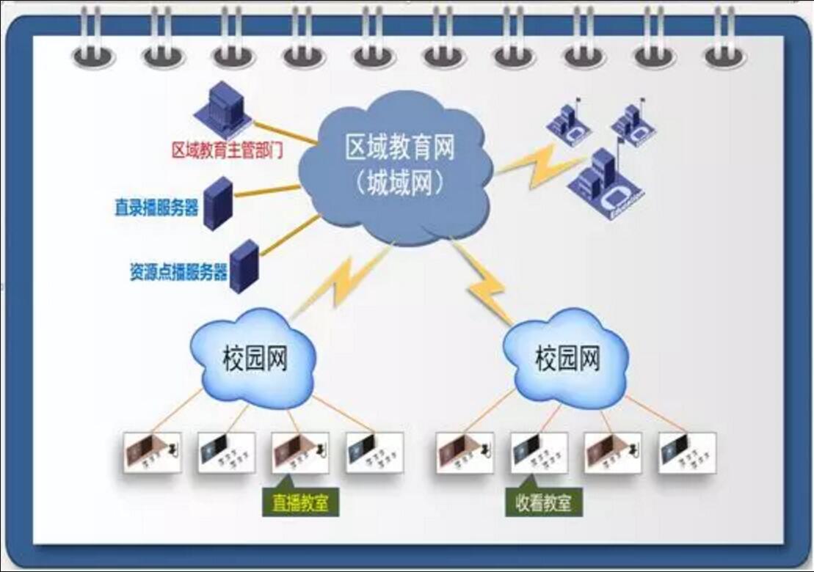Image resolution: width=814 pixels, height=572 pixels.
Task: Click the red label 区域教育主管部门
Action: [x=228, y=150]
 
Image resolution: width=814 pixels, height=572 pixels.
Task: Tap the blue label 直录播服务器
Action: [x=156, y=208]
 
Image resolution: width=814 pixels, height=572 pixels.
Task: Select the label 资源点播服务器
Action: [x=178, y=271]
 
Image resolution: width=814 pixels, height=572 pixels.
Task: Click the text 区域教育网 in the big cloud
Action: [x=400, y=147]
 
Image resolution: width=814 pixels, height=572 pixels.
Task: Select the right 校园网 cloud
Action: [x=567, y=357]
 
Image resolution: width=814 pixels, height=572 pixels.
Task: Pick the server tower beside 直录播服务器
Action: [x=217, y=203]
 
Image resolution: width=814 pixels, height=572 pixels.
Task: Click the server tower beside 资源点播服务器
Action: [x=244, y=266]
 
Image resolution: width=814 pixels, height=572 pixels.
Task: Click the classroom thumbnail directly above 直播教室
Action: [x=300, y=452]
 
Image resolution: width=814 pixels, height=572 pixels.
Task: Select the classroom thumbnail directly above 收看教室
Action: [x=539, y=452]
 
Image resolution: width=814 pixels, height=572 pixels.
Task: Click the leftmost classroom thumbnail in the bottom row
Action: [x=152, y=452]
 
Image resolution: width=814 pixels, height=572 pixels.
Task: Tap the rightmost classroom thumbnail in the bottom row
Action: [x=687, y=452]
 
